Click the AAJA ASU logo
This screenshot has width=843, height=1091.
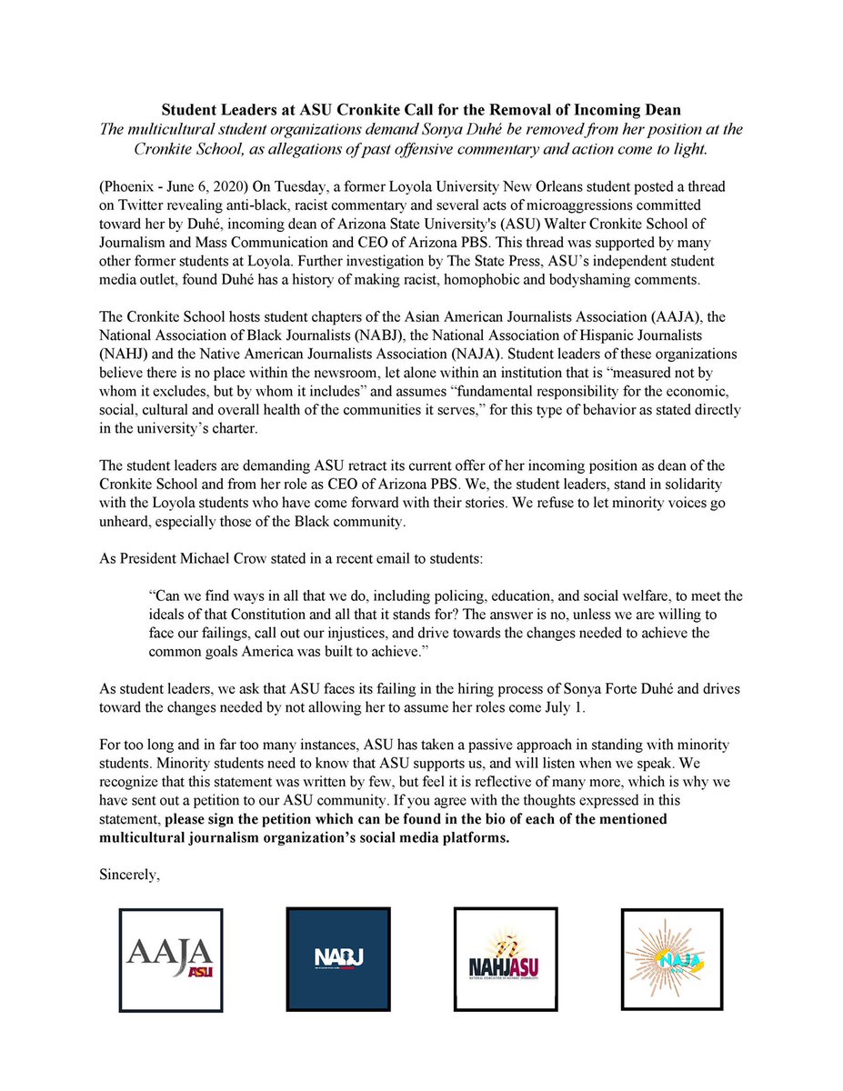[x=172, y=959]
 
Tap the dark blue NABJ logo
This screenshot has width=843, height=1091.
[x=337, y=959]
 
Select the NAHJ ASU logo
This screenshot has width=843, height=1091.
[x=506, y=959]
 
